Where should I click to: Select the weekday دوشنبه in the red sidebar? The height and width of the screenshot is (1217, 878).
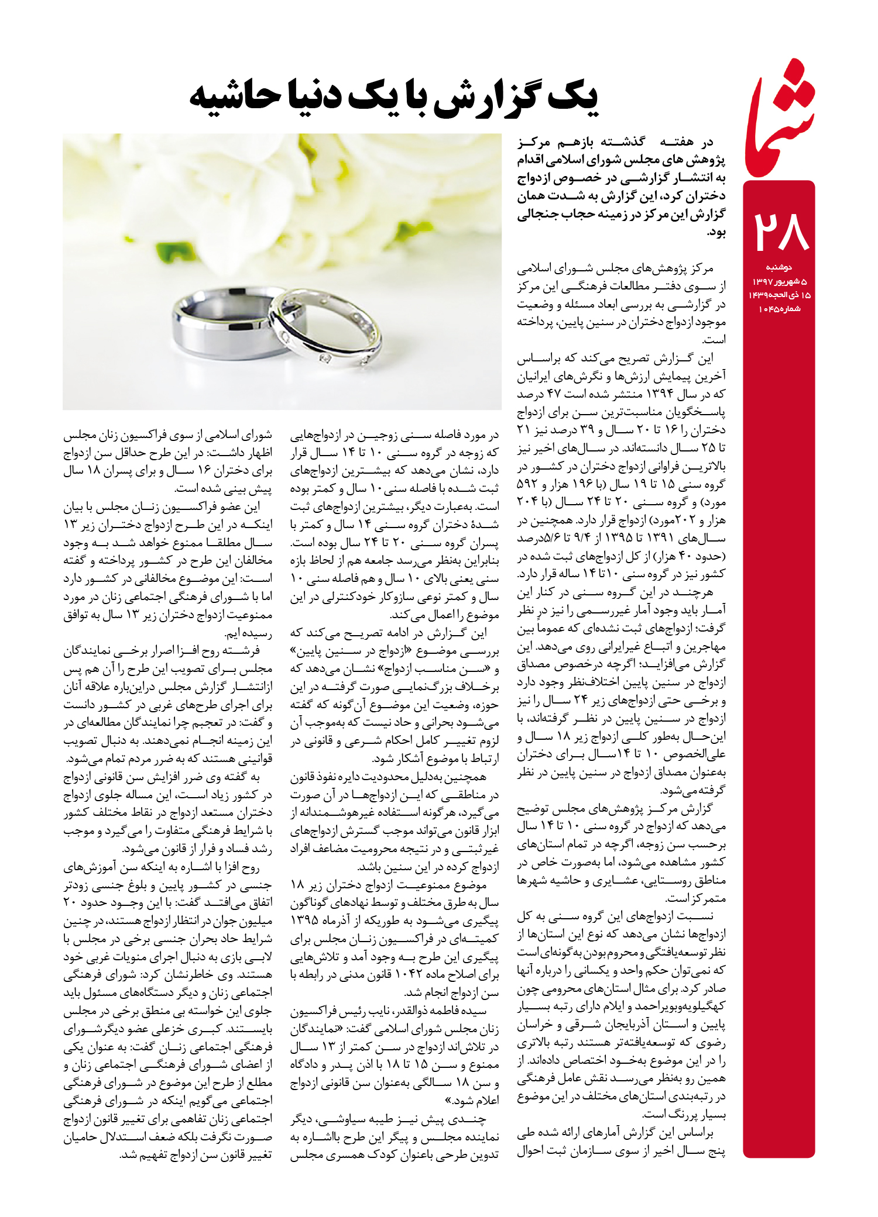pyautogui.click(x=778, y=268)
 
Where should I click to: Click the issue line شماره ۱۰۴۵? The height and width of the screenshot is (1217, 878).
pyautogui.click(x=779, y=309)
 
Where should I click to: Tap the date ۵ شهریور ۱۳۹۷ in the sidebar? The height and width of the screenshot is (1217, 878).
pyautogui.click(x=779, y=282)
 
